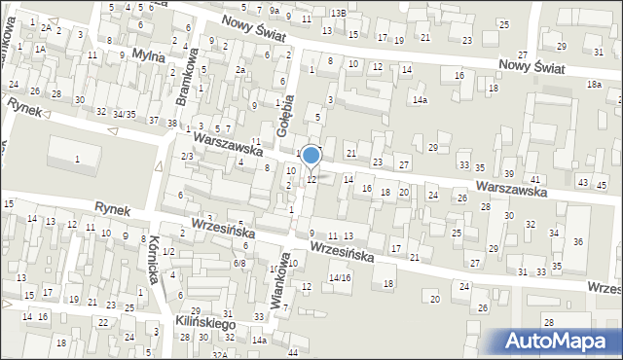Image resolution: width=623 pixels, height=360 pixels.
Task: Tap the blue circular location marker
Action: click(x=311, y=156)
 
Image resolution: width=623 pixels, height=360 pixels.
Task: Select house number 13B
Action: click(x=338, y=13)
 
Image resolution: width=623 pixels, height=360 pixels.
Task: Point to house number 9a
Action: click(x=275, y=11)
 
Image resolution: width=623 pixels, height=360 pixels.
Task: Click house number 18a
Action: click(x=594, y=85)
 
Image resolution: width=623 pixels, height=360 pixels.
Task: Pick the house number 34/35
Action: click(x=124, y=115)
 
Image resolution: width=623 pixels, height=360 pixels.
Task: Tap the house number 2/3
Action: click(x=186, y=156)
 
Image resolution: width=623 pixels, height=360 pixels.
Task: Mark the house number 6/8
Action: click(x=239, y=263)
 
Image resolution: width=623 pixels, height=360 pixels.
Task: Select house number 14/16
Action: click(x=339, y=277)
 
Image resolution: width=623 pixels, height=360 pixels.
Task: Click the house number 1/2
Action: click(x=168, y=252)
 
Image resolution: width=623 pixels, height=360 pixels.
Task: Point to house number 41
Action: click(x=534, y=180)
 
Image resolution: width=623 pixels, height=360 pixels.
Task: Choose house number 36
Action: click(x=577, y=241)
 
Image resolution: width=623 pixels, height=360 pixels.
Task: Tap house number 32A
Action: click(x=221, y=355)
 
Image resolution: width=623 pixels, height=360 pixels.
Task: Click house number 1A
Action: click(x=41, y=48)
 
